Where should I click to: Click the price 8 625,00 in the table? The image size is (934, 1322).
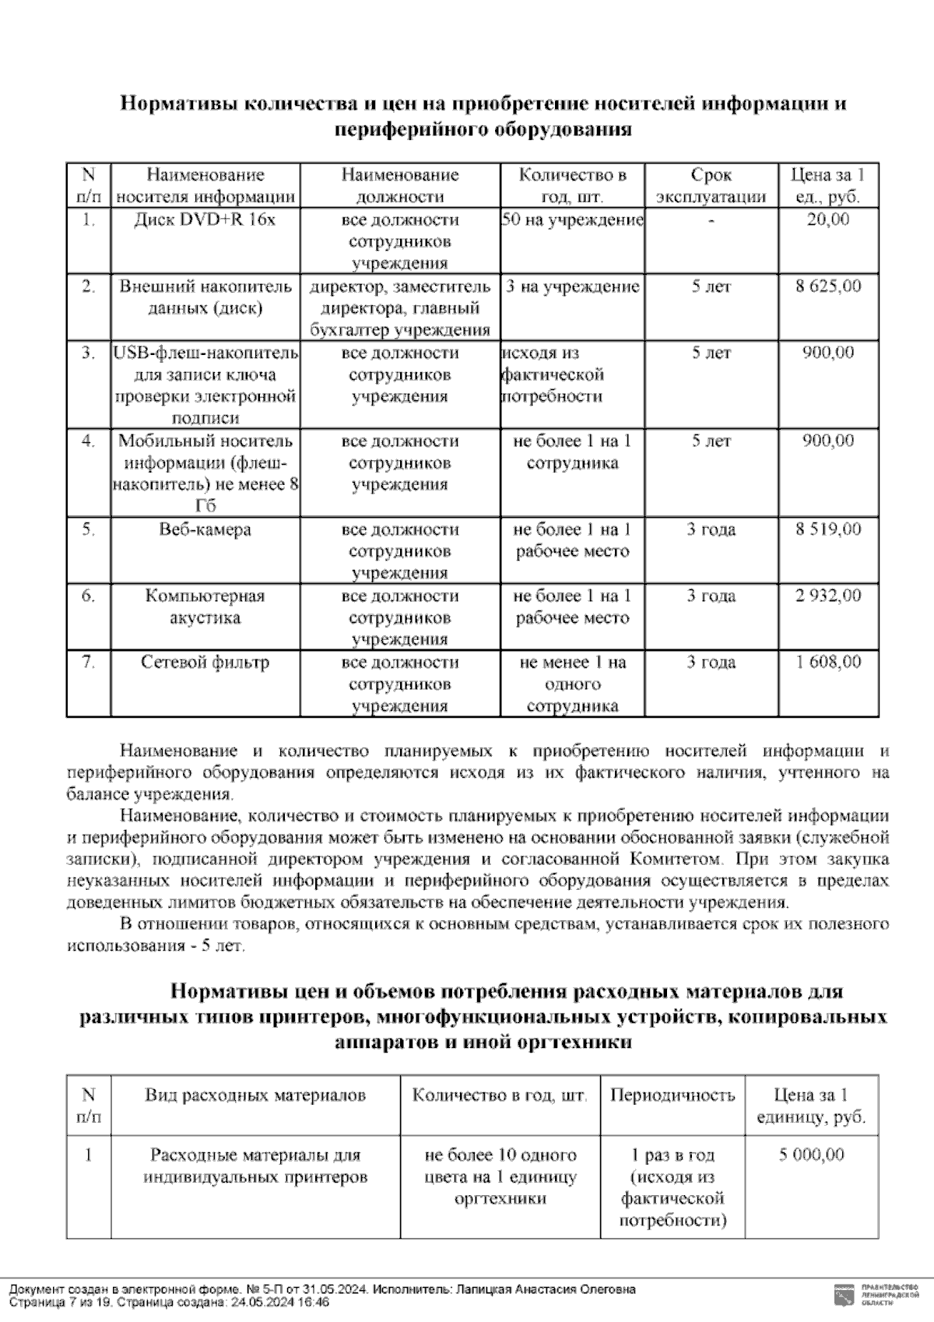828,287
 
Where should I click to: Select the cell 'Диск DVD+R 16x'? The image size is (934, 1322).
205,220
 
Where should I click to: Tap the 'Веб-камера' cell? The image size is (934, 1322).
205,530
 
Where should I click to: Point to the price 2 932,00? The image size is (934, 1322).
828,596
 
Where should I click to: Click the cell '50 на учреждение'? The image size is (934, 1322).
572,220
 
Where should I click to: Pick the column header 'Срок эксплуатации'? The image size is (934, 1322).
711,185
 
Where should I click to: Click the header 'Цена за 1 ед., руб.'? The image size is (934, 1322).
828,185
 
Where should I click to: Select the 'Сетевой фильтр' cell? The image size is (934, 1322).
205,663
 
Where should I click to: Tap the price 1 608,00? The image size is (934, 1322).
828,663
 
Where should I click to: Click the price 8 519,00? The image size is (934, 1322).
828,530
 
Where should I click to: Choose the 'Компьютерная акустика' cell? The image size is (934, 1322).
205,607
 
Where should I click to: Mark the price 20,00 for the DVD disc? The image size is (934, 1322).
828,220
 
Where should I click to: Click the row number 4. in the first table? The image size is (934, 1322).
88,441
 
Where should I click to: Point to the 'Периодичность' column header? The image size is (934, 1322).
672,1096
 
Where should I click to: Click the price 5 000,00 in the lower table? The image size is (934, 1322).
811,1155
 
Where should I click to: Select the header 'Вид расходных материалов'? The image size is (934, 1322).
255,1096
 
